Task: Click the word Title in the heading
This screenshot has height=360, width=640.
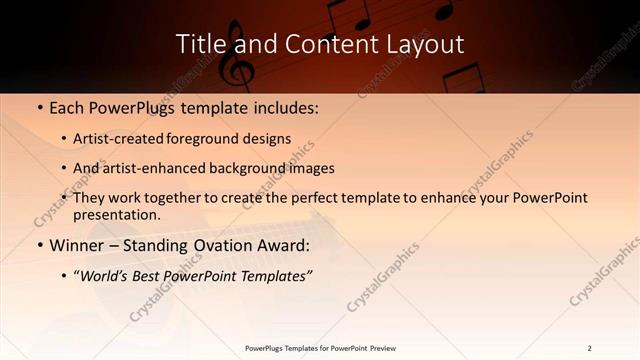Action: coord(198,44)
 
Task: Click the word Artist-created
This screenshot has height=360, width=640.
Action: coord(120,139)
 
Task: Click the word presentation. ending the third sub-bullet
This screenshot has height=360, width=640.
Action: coord(116,214)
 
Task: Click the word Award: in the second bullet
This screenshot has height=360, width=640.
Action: coord(283,245)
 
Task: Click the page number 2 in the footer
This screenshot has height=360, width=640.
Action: coord(589,348)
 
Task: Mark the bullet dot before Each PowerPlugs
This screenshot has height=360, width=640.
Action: coord(38,107)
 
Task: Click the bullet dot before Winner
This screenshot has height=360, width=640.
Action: coord(38,245)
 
